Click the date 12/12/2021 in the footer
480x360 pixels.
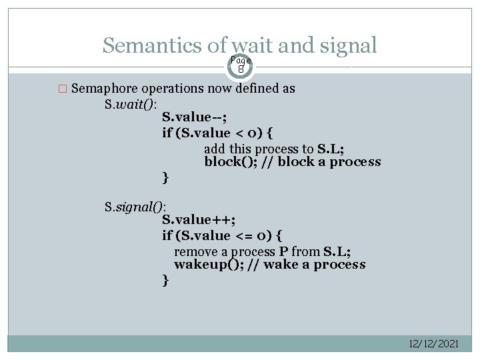tap(433, 343)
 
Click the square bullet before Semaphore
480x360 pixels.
tap(63, 89)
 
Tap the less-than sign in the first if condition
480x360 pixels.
tap(243, 133)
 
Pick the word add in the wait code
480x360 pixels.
tap(215, 149)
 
